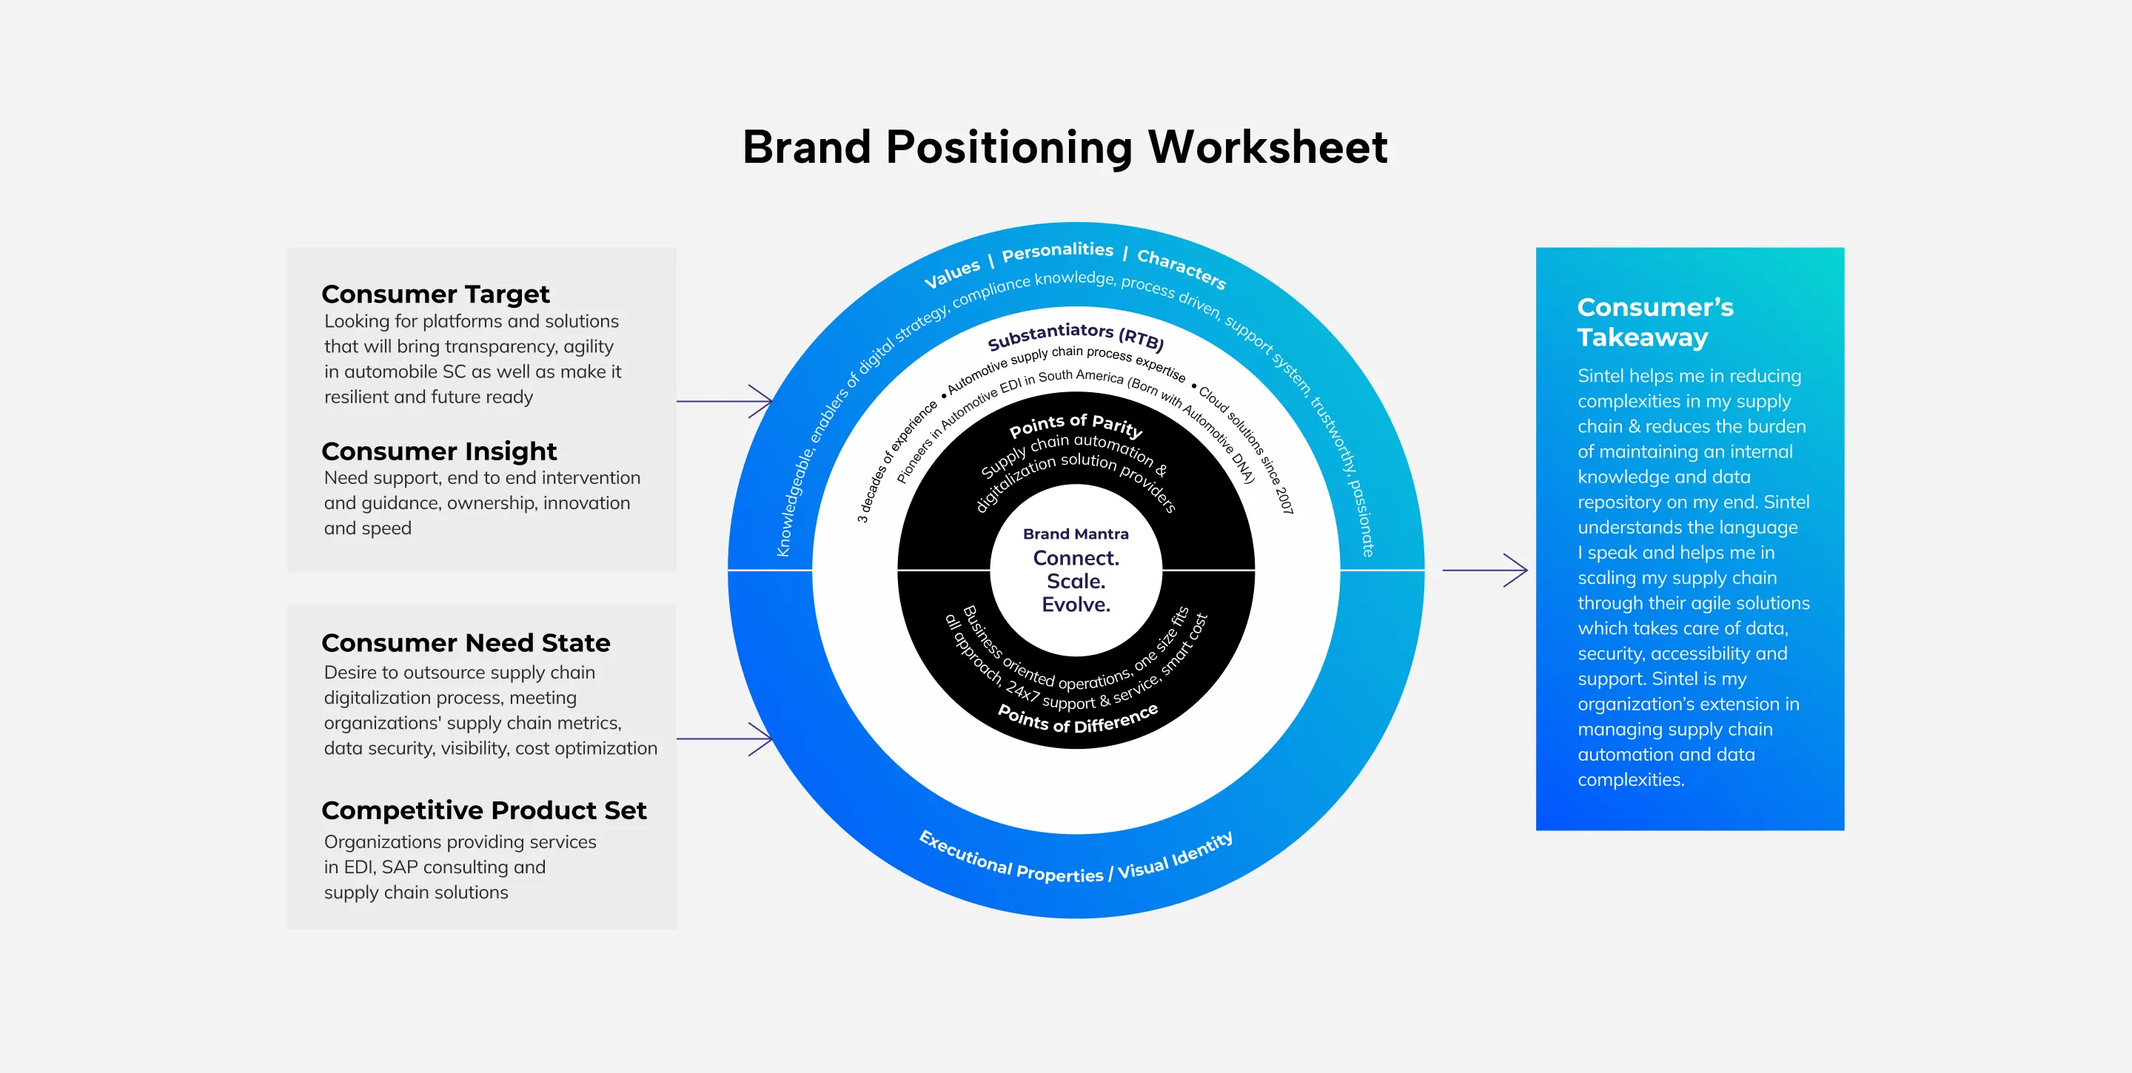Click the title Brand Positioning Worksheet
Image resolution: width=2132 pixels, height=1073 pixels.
1065,147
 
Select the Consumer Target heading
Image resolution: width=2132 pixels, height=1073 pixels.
435,294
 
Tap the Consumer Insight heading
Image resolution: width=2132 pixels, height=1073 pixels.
439,451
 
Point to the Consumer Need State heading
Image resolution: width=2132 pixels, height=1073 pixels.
465,643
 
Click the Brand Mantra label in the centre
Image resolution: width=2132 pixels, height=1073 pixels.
1075,534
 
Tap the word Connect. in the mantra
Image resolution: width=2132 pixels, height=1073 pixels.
1075,559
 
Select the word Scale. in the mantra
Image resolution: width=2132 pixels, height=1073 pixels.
1075,582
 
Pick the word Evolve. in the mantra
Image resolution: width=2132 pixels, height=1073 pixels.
1075,605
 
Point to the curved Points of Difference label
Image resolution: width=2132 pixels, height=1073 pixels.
1077,720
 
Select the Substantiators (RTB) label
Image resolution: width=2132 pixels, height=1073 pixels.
1075,335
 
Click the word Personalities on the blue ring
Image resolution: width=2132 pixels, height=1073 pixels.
1057,251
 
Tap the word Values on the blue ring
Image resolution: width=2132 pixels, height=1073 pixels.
951,274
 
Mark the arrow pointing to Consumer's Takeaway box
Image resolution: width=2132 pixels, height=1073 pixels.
1485,570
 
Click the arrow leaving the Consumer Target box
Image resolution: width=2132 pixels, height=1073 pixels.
725,401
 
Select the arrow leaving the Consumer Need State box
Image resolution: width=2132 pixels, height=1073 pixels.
725,739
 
